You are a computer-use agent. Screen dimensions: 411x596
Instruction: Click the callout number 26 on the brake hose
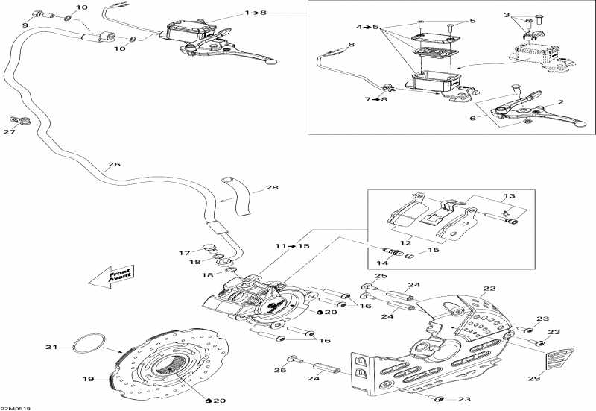[x=113, y=165]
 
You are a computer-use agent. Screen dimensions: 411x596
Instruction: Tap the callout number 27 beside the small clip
[x=9, y=133]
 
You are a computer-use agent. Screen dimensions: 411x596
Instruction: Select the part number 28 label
[x=250, y=188]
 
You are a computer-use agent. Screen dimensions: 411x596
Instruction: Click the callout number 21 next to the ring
[x=51, y=347]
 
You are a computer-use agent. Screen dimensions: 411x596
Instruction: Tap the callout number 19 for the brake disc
[x=89, y=379]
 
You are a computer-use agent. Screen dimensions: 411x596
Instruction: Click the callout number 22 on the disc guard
[x=489, y=289]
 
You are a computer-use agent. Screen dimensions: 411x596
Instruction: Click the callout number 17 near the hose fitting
[x=183, y=253]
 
